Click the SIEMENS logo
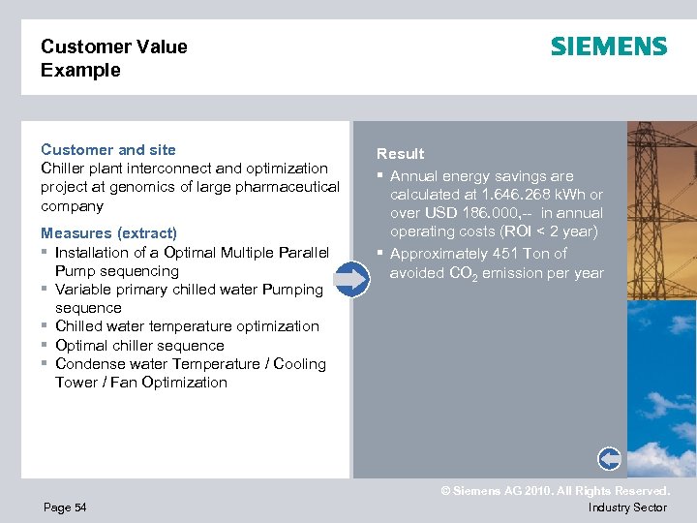(609, 46)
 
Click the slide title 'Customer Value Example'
(113, 58)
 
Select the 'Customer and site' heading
(108, 149)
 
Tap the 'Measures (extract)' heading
(108, 233)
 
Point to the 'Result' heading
(401, 153)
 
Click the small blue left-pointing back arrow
(610, 458)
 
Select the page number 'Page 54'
(64, 508)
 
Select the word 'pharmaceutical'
(290, 187)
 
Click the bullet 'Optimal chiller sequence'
(139, 346)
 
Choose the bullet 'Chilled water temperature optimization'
(187, 326)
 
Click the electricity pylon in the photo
(662, 194)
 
